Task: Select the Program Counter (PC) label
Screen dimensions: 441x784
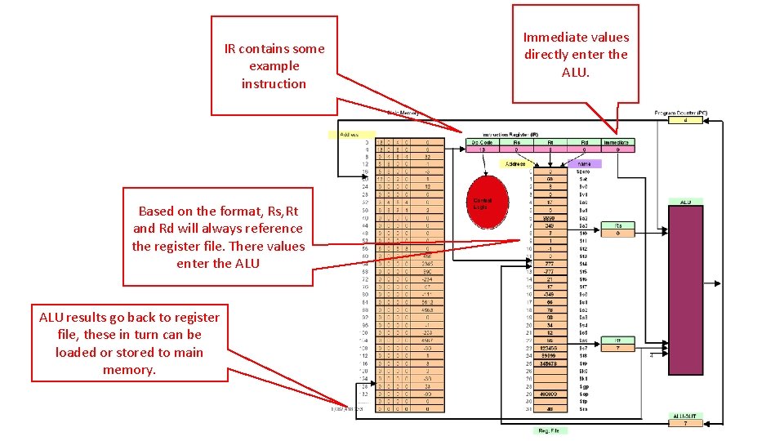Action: [x=680, y=112]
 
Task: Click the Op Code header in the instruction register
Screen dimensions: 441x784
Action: [x=483, y=142]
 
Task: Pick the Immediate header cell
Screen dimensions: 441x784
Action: [x=617, y=142]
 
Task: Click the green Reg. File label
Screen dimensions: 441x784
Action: [x=547, y=430]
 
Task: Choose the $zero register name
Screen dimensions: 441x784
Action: [x=584, y=171]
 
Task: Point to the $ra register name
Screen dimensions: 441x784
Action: [x=584, y=408]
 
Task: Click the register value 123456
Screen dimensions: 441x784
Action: [x=550, y=348]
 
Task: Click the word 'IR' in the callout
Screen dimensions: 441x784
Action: [x=230, y=49]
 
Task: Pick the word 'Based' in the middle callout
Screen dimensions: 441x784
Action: [x=155, y=211]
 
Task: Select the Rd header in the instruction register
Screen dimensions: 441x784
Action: [x=585, y=142]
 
